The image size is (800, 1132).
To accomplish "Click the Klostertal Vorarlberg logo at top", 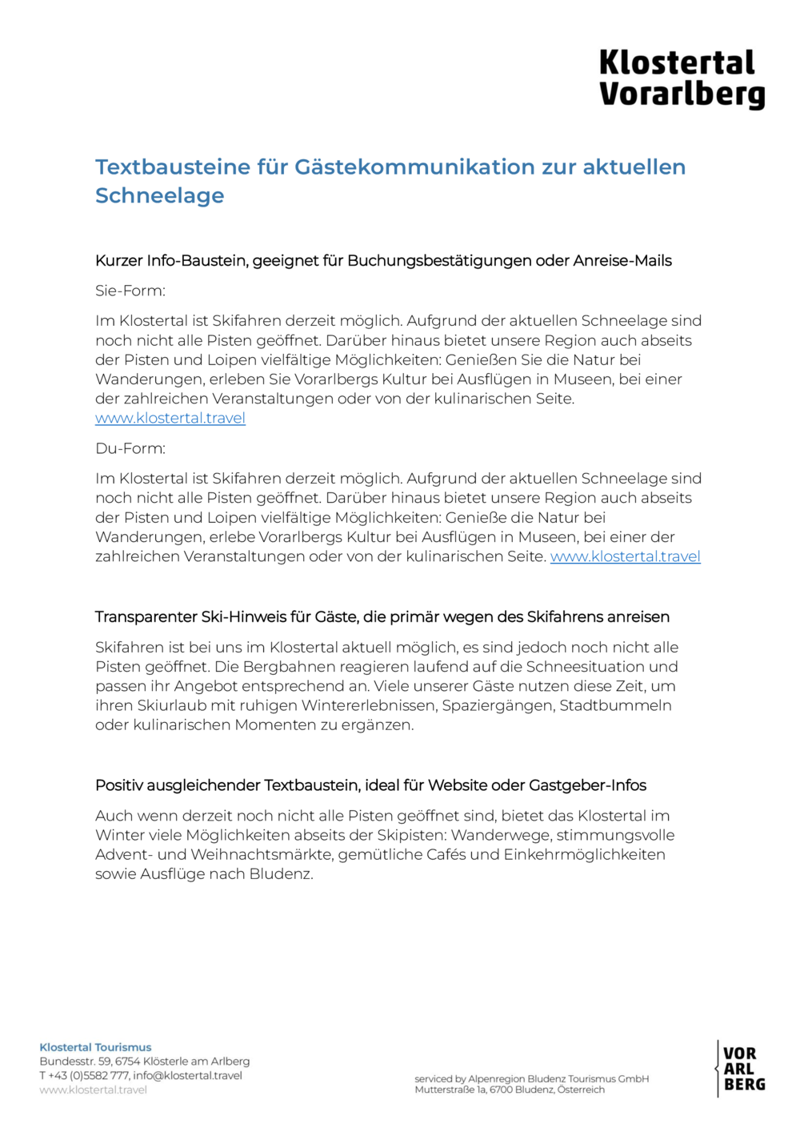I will coord(682,78).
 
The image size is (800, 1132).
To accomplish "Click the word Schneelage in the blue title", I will coord(159,195).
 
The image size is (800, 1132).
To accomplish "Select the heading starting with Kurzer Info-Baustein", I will coord(383,260).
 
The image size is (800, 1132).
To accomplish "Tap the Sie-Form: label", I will coord(130,291).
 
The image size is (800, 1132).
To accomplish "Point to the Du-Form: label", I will coord(130,448).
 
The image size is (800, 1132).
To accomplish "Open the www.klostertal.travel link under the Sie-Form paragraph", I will coord(170,418).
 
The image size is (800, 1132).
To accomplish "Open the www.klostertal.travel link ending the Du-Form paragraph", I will coord(625,556).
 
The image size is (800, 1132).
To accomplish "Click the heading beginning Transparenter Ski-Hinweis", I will coord(382,616).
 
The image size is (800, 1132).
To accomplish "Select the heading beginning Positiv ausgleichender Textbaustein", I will coord(370,785).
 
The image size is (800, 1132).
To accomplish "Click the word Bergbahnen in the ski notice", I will coord(286,667).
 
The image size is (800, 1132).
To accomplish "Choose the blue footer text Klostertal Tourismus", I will coord(95,1047).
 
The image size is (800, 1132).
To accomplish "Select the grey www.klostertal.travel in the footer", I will coord(93,1090).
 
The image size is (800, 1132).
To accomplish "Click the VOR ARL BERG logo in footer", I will coord(742,1069).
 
